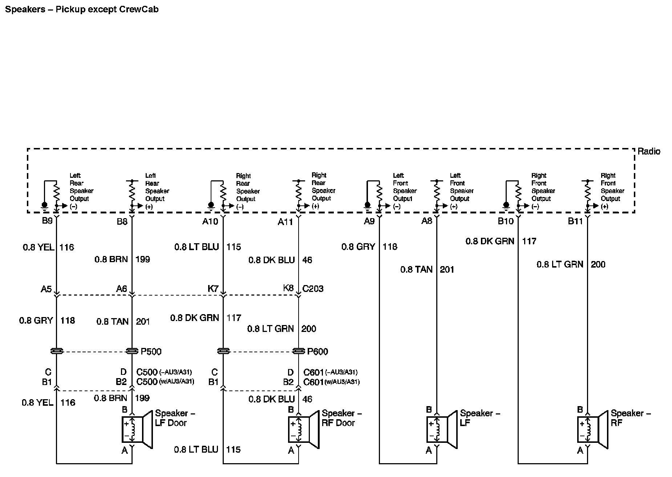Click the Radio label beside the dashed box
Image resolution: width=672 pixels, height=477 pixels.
tap(649, 152)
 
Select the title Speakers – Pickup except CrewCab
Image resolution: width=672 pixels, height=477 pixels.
tap(82, 9)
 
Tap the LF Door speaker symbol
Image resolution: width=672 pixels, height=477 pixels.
tap(137, 429)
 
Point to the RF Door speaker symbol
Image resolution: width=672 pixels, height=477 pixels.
tap(303, 429)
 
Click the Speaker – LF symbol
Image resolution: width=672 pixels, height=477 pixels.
tap(441, 429)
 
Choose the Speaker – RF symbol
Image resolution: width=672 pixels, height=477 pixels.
tap(592, 429)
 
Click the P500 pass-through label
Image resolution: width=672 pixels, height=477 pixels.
tap(151, 352)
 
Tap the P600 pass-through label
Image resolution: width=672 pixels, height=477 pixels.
tap(317, 352)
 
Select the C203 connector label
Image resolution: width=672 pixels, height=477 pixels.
tap(313, 289)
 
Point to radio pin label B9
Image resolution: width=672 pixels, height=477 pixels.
tap(47, 221)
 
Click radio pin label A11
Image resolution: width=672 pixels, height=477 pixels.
tap(285, 222)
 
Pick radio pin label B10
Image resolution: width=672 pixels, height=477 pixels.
tap(505, 221)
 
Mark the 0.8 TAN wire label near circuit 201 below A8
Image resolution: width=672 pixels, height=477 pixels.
tap(416, 269)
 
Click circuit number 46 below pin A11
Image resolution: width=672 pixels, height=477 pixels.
tap(307, 260)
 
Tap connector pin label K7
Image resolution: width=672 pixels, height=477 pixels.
tap(213, 289)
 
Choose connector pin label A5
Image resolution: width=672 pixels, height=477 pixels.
tap(46, 289)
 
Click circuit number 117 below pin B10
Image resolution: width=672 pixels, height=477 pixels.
tap(529, 241)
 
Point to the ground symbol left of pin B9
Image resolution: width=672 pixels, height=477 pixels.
tap(44, 206)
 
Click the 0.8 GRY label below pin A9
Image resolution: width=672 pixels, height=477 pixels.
tap(358, 247)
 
